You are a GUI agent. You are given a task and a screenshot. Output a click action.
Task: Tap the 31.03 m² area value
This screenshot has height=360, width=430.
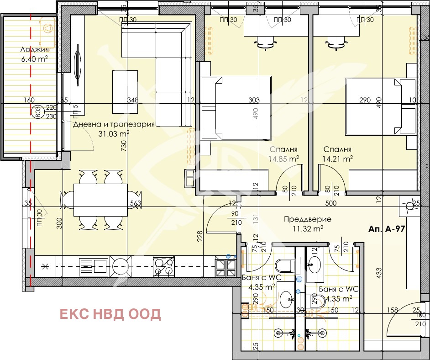pos(114,133)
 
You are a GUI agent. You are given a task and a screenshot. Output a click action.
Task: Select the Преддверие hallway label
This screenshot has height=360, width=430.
pos(307,219)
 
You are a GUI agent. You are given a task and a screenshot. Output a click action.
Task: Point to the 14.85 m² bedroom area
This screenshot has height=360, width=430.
pos(284,159)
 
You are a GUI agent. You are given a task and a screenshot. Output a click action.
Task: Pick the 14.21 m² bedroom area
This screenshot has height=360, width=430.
pos(338,159)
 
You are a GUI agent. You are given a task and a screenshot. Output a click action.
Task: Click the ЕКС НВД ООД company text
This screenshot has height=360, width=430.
pos(110,314)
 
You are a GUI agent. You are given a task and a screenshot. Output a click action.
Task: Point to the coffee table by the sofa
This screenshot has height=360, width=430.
pos(125,91)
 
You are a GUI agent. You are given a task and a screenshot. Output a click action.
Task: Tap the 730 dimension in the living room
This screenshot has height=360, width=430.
pos(123,147)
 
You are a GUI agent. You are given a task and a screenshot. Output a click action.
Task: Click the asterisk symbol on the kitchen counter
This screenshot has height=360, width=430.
pos(45,266)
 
